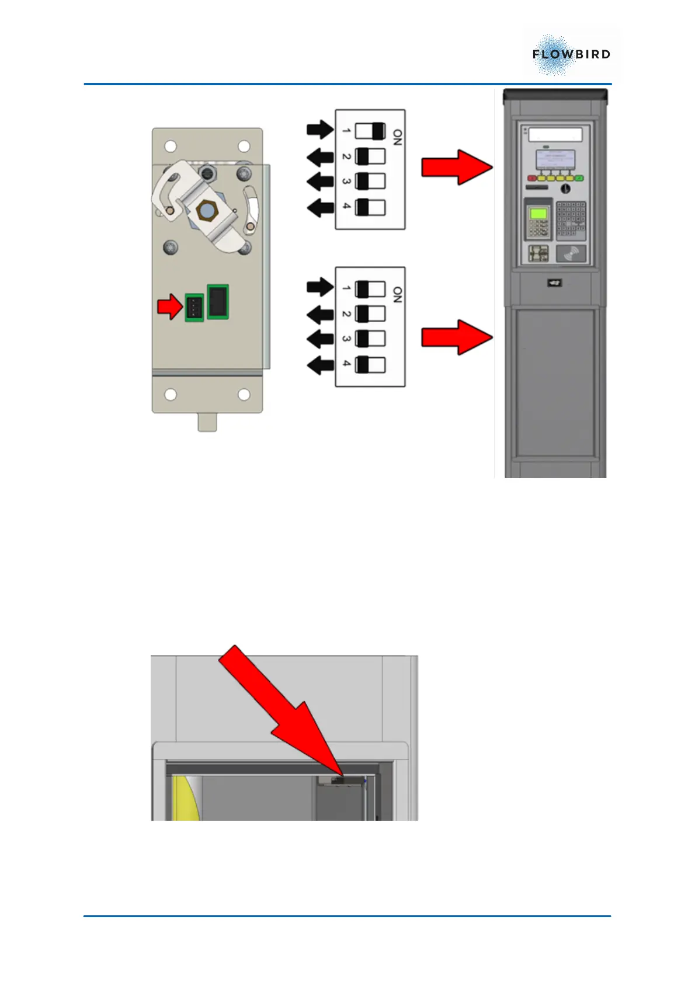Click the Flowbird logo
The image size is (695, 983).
[x=571, y=54]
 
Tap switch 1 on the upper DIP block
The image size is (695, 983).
[x=370, y=131]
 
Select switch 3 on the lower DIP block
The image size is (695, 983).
[x=370, y=339]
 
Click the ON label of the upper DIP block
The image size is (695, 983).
[x=397, y=137]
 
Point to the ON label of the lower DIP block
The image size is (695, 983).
[x=397, y=295]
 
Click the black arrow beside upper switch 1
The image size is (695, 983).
[x=320, y=130]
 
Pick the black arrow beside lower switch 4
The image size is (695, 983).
[x=320, y=365]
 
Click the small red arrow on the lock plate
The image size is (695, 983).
[x=170, y=306]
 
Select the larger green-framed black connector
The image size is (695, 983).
[x=218, y=302]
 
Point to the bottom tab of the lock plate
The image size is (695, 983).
[x=207, y=421]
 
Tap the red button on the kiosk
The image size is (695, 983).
[x=532, y=178]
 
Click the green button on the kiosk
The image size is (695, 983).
[x=579, y=178]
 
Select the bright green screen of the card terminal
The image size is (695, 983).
[x=538, y=214]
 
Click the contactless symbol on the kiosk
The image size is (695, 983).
[x=571, y=253]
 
